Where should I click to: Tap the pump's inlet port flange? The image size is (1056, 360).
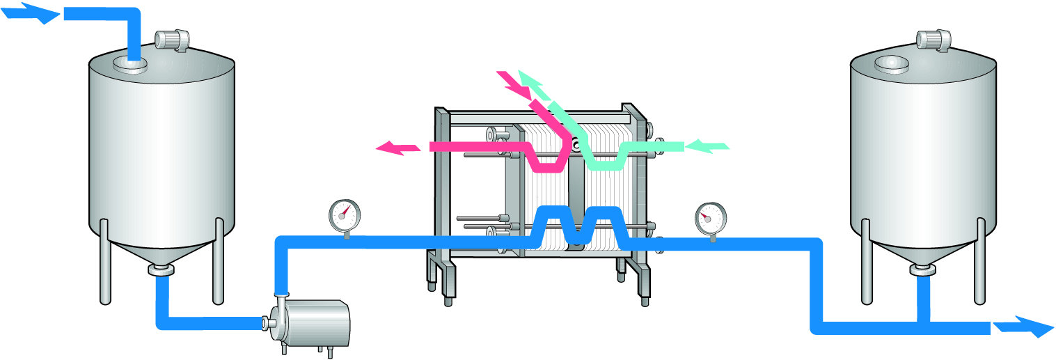click(265, 323)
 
